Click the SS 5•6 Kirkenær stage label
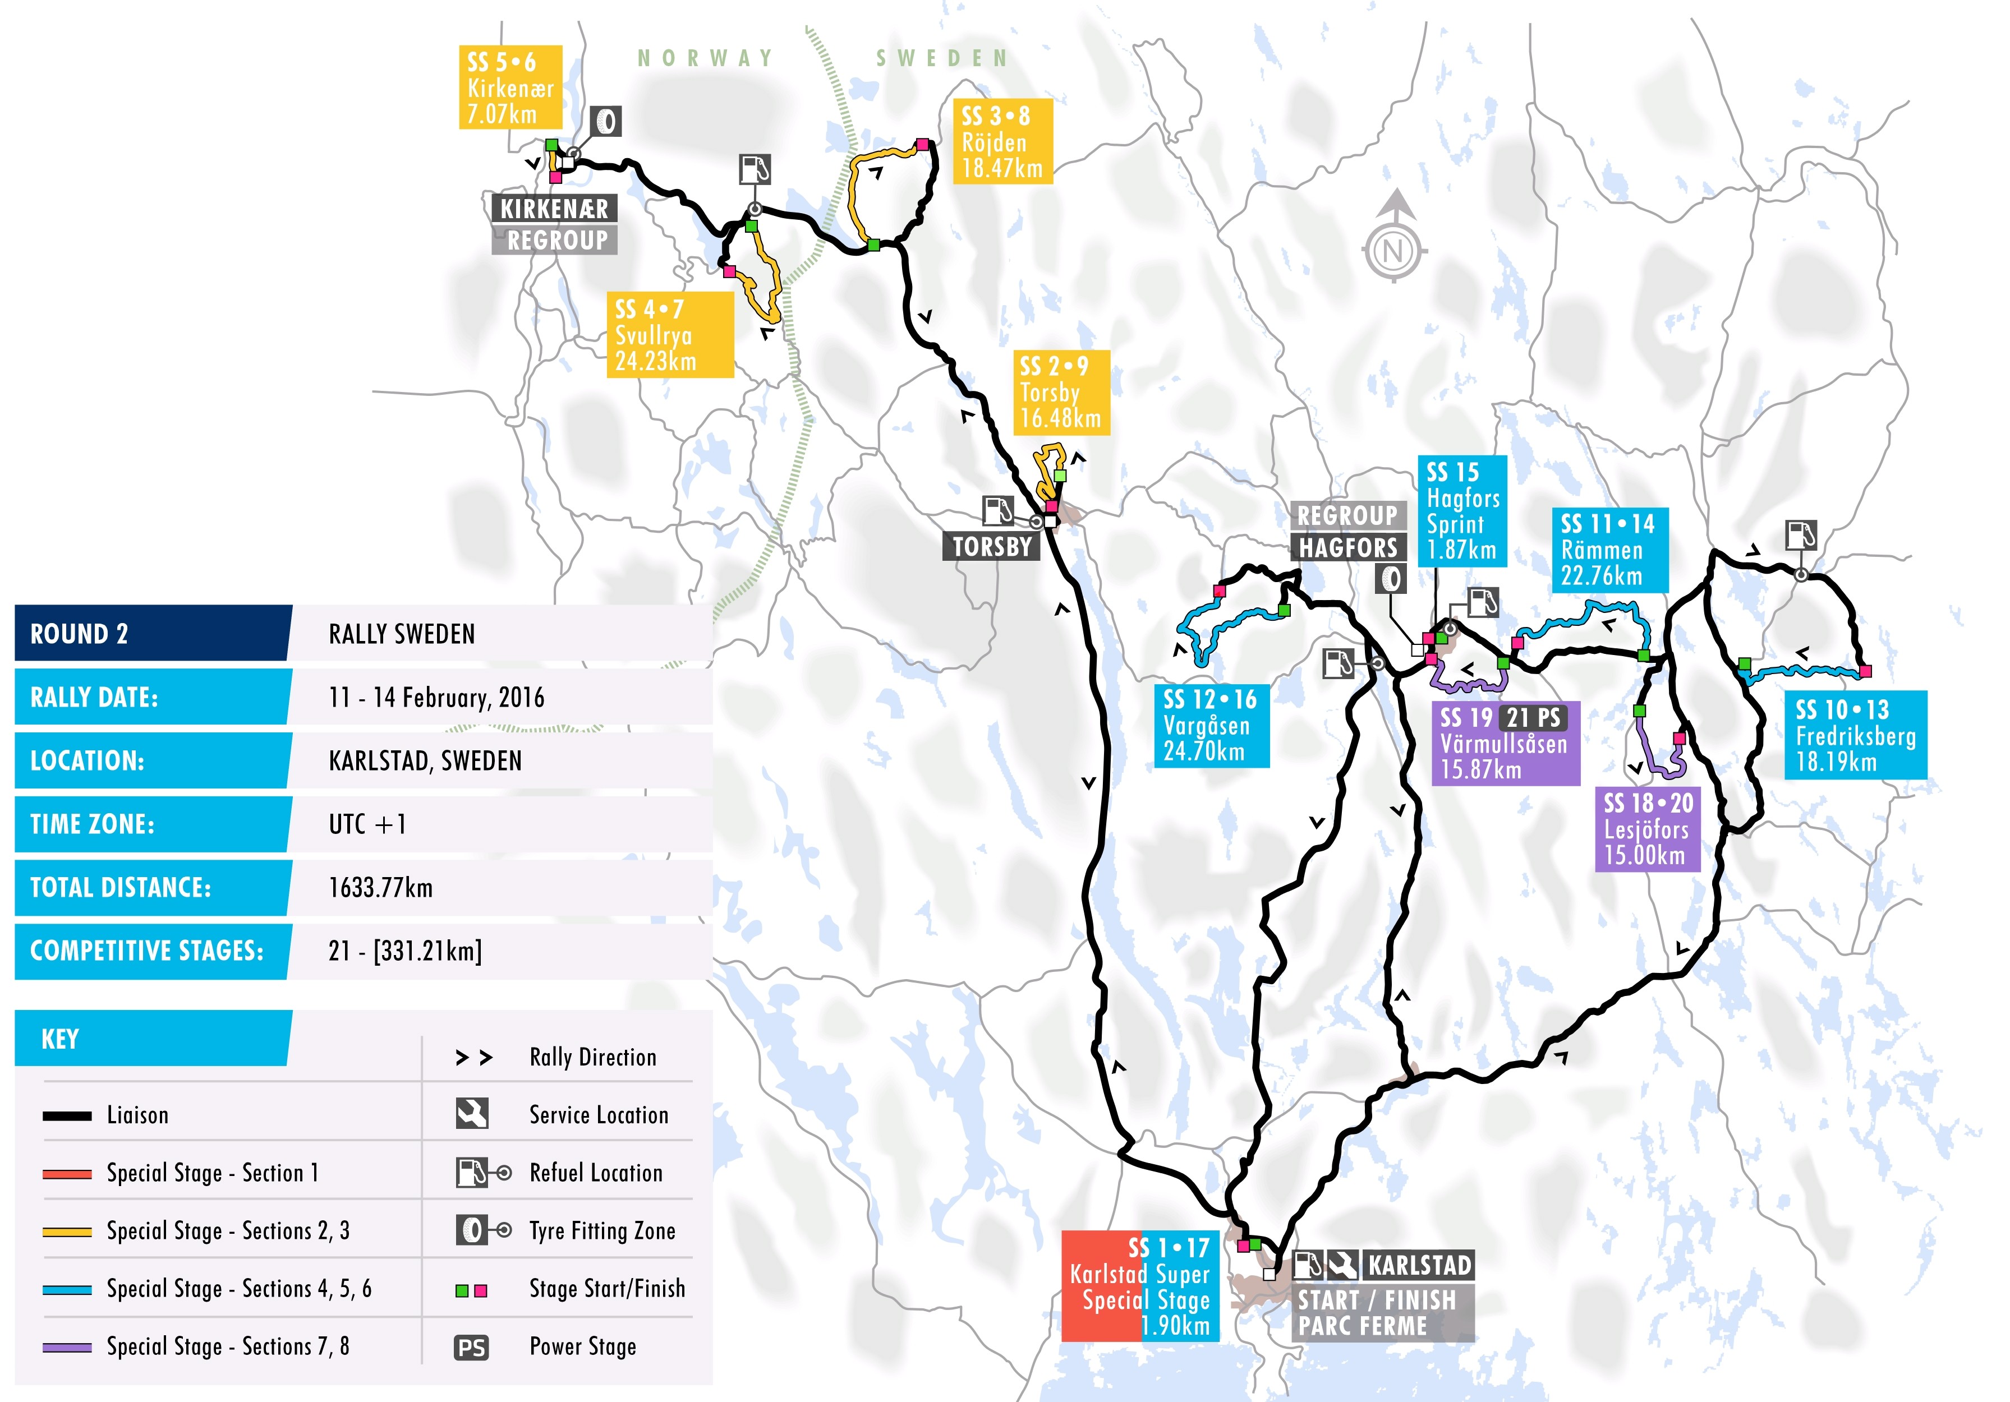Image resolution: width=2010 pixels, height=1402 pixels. point(509,87)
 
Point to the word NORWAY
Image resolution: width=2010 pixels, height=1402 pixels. point(706,59)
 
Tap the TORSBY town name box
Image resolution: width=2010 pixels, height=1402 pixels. point(991,546)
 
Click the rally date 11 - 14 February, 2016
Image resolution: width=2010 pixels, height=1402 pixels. point(436,698)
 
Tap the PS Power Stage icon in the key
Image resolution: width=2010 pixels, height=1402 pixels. point(471,1348)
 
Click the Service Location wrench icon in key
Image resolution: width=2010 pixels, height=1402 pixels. point(472,1114)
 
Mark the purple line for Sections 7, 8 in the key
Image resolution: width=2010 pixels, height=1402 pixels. point(67,1348)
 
